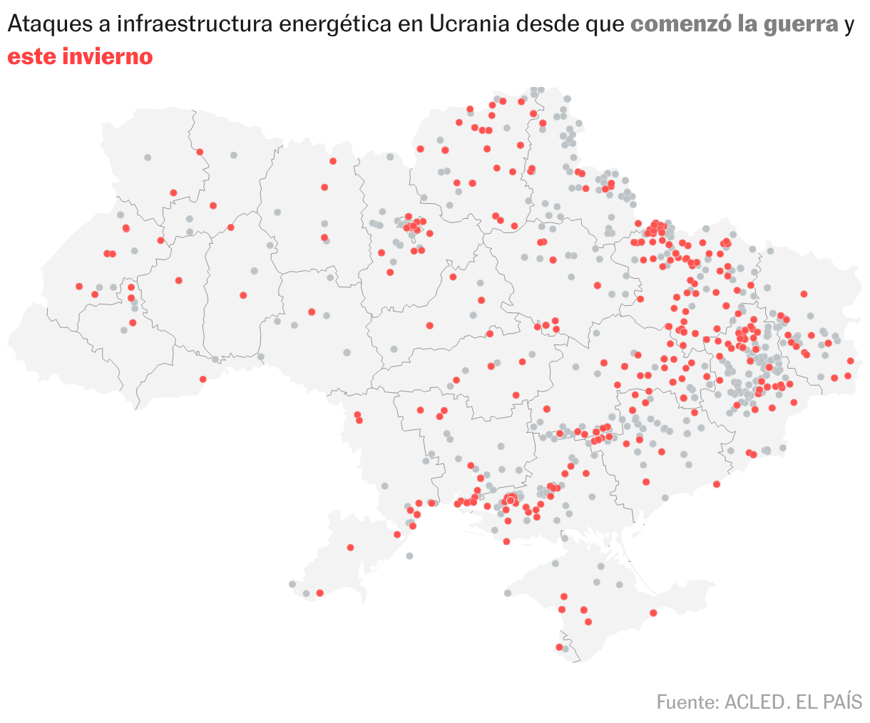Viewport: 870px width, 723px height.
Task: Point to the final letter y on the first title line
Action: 849,26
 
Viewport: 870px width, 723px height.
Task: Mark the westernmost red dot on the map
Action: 79,286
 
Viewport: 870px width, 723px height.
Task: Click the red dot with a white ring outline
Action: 510,501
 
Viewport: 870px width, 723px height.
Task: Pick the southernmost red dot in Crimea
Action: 559,647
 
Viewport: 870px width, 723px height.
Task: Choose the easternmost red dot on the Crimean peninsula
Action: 653,612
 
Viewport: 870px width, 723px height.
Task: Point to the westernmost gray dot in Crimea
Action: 508,593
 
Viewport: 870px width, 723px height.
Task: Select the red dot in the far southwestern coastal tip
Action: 319,593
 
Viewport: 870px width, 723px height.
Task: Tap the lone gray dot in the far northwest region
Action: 148,157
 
